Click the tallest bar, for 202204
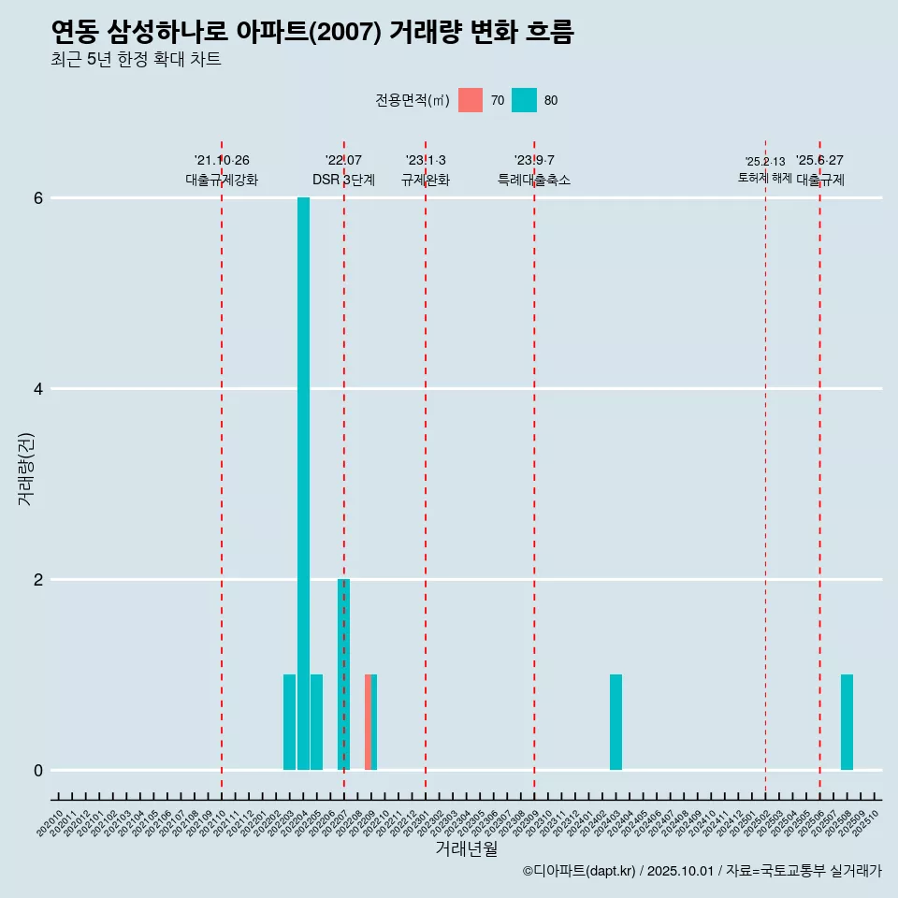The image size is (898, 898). click(303, 484)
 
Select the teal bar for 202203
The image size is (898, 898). click(290, 722)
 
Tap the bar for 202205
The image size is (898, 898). click(317, 722)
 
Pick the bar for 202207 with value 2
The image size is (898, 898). click(343, 674)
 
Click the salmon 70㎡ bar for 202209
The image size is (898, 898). click(368, 722)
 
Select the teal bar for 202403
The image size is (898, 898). click(616, 722)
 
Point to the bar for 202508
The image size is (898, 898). click(847, 722)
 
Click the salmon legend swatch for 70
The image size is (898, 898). click(471, 100)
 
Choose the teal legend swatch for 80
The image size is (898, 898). click(524, 100)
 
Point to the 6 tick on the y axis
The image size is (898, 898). click(39, 198)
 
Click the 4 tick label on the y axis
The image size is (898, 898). click(39, 389)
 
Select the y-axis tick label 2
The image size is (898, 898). click(39, 580)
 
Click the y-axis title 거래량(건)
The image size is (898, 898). click(25, 469)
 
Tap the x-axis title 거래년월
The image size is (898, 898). click(466, 848)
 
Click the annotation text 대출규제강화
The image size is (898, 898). click(222, 180)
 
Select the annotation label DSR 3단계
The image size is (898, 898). click(343, 180)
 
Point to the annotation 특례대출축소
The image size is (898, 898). click(534, 180)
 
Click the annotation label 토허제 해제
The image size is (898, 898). click(765, 178)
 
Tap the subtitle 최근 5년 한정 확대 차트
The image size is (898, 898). click(137, 60)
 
